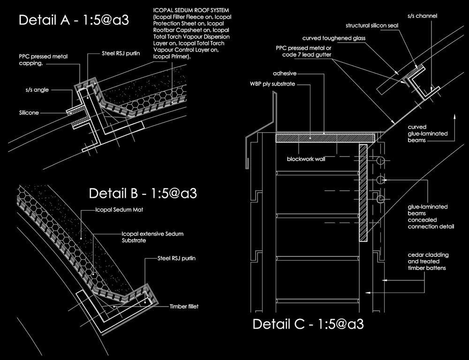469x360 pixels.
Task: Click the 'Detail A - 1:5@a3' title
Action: (74, 20)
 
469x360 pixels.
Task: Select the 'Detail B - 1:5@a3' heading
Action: (143, 193)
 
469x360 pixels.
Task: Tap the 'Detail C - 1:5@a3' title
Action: (308, 324)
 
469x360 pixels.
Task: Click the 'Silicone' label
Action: (29, 112)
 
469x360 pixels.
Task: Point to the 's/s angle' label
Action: (37, 90)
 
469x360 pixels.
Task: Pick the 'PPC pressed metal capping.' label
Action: (43, 60)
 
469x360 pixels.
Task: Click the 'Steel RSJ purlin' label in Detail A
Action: (121, 53)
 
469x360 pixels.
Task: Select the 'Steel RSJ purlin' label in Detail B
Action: (176, 258)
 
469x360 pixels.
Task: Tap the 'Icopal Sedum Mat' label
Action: (119, 210)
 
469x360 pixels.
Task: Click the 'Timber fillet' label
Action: (184, 307)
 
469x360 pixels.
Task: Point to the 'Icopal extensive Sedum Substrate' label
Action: (152, 237)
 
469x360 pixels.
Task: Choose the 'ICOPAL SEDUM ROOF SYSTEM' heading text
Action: (191, 10)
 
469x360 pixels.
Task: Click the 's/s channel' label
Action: (423, 16)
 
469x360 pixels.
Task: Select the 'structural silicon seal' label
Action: (372, 25)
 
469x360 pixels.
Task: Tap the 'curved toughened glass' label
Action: (334, 38)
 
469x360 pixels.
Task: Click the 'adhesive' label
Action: (285, 73)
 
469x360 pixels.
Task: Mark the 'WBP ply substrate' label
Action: (272, 84)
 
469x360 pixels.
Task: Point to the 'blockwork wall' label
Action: (306, 159)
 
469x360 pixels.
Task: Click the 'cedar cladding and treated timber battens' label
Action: (428, 262)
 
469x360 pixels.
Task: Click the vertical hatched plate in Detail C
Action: (363, 193)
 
